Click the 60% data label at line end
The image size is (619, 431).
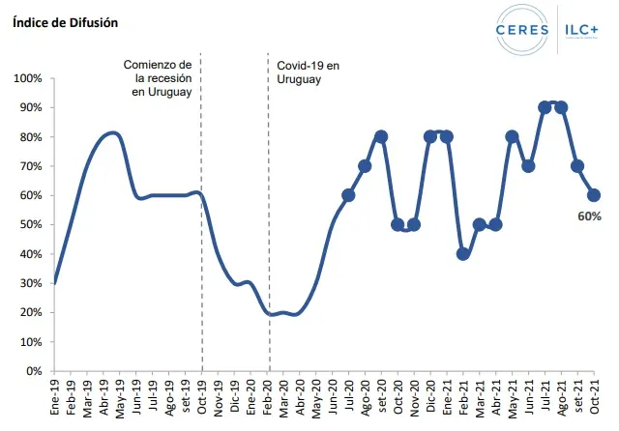tap(590, 216)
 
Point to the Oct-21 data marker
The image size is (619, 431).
tap(594, 195)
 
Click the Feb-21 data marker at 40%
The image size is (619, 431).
tap(463, 254)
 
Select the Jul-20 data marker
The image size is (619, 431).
tap(348, 195)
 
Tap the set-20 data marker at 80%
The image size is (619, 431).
tap(381, 136)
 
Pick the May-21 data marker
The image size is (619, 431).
tap(512, 136)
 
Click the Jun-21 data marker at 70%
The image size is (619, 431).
tap(528, 166)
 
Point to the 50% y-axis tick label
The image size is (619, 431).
tap(30, 225)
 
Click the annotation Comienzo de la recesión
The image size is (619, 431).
tap(160, 77)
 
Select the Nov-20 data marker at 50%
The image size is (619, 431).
tap(414, 225)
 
